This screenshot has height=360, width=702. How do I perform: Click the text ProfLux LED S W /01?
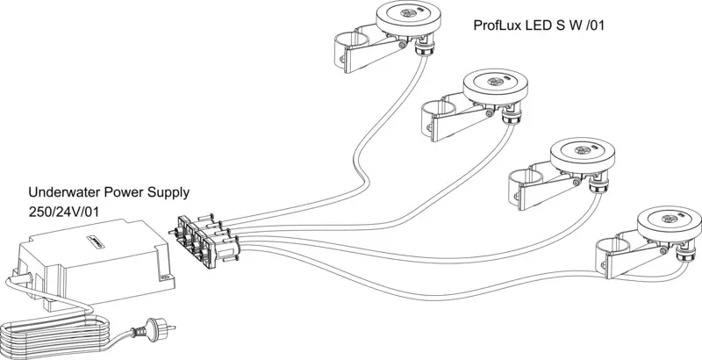(x=539, y=25)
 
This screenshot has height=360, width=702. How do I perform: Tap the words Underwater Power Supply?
(x=109, y=192)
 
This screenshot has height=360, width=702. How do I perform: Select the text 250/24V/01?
(x=63, y=212)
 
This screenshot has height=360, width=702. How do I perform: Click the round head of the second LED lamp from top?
(x=495, y=87)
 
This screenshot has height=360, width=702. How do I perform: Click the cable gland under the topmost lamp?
(x=421, y=47)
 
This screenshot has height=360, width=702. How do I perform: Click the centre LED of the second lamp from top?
(x=495, y=82)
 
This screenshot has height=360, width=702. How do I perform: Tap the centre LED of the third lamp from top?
(x=582, y=150)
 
